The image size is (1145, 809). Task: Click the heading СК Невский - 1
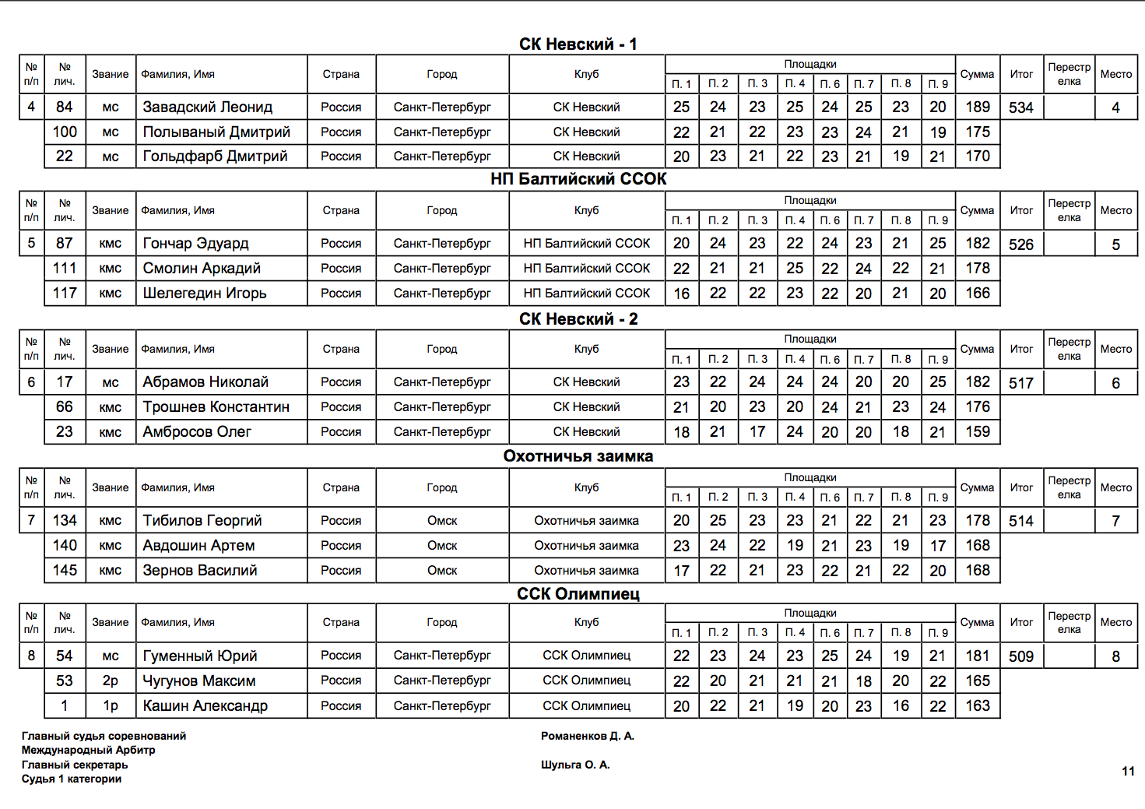tap(578, 44)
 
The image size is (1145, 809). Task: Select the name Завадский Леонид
tap(207, 107)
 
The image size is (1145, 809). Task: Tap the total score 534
tap(1020, 107)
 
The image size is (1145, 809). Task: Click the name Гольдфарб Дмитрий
tap(215, 157)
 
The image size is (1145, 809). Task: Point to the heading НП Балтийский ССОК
tap(578, 179)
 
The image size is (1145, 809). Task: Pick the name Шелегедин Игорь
tap(204, 294)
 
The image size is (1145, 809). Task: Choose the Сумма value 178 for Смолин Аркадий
tap(977, 269)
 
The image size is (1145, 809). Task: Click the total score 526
tap(1020, 244)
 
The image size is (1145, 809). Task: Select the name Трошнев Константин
tap(216, 407)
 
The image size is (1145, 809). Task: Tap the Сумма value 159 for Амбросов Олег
tap(977, 432)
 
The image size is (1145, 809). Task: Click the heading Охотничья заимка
tap(578, 456)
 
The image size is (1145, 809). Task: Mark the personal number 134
tap(65, 521)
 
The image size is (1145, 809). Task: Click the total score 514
tap(1020, 522)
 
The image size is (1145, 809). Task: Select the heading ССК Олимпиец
tap(578, 594)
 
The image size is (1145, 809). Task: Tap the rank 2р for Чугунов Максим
tap(111, 681)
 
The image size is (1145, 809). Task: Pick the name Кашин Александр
tap(205, 706)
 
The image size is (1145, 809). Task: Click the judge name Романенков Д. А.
tap(587, 736)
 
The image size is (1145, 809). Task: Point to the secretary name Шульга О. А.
tap(575, 765)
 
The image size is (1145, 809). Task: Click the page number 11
tap(1128, 772)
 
